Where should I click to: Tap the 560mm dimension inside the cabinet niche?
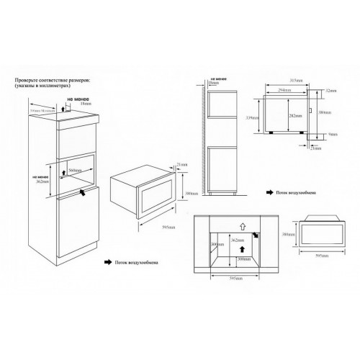[x=73, y=171]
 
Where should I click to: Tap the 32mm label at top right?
[x=333, y=91]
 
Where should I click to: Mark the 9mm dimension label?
[x=333, y=135]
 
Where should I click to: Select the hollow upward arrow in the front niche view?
[x=242, y=225]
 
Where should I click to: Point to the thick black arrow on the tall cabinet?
[x=86, y=192]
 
